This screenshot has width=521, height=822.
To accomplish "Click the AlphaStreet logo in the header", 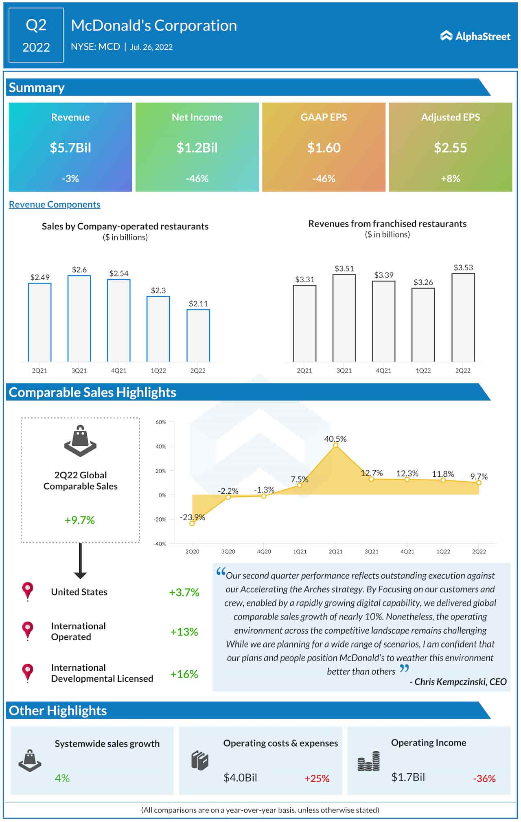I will coord(475,36).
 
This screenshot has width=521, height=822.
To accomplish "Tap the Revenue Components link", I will coord(55,204).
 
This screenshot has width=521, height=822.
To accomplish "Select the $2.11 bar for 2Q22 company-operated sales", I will coord(198,336).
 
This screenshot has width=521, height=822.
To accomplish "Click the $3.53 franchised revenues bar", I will coord(463,317).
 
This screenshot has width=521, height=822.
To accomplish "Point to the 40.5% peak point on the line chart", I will coord(336,445).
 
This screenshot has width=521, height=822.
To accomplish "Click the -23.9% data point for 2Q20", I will coord(192,523).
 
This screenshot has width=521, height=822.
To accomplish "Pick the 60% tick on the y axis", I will coord(161,422).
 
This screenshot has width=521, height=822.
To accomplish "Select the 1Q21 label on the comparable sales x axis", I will coord(300,552).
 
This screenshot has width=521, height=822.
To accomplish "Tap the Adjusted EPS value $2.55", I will coord(450,148).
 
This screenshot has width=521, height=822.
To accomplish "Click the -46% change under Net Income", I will coord(197,179).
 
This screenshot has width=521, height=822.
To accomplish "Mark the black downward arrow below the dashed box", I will coord(80,561).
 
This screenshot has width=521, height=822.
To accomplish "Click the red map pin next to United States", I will coord(28,591).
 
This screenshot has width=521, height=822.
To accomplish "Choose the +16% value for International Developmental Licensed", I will coord(184,674).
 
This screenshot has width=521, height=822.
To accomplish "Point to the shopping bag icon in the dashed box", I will coord(80,441).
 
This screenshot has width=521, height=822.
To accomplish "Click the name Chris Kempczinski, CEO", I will coord(460,682).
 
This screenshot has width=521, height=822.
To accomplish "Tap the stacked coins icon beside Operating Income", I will coord(369,761).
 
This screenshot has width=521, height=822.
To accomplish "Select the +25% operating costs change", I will coord(317,778).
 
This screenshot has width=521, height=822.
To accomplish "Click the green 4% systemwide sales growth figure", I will coord(62,778).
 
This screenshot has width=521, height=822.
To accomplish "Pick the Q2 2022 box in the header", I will coord(36,36).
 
